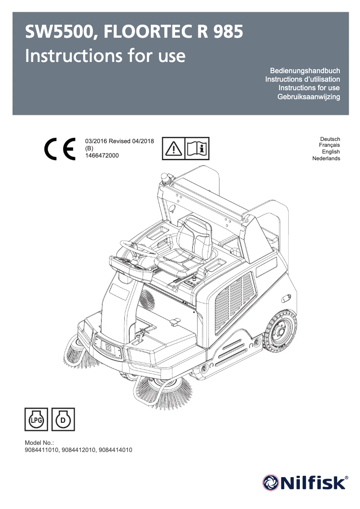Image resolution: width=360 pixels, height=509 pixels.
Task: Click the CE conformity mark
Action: [60, 148]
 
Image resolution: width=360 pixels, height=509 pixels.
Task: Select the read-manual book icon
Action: [197, 148]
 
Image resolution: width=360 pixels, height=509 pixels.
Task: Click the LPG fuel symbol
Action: [35, 420]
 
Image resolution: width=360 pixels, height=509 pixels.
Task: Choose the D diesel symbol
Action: [63, 420]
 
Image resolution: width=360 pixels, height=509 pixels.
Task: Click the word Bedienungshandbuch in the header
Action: [305, 71]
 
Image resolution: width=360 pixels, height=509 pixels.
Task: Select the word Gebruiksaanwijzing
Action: [309, 97]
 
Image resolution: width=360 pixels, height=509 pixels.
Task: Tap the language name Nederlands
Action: [326, 158]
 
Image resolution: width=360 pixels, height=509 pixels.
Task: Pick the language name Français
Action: [329, 145]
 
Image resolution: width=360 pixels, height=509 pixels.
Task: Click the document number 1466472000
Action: [102, 155]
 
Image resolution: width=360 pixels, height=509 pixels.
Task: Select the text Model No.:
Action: [39, 443]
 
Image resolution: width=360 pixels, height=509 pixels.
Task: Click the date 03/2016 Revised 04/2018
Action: [119, 141]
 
